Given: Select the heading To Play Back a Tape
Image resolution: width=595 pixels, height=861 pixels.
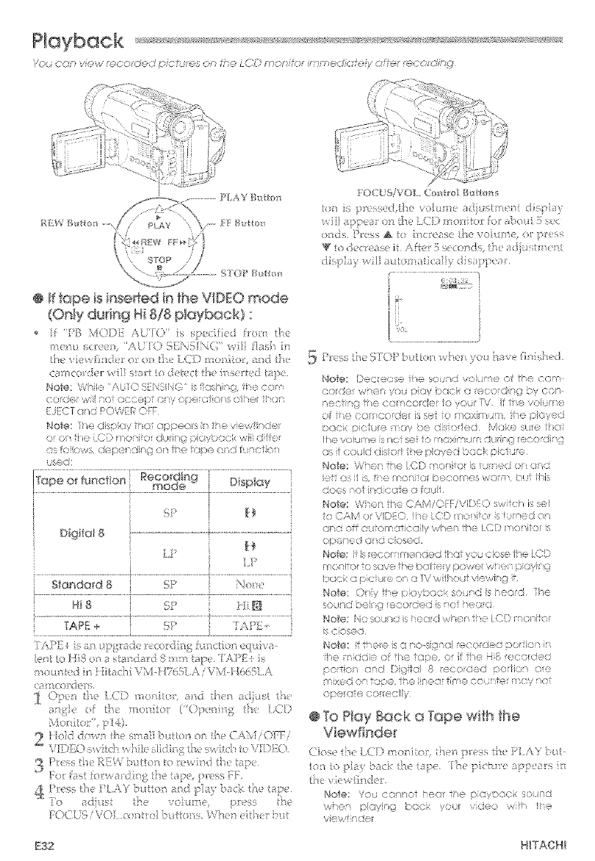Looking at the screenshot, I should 397,705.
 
